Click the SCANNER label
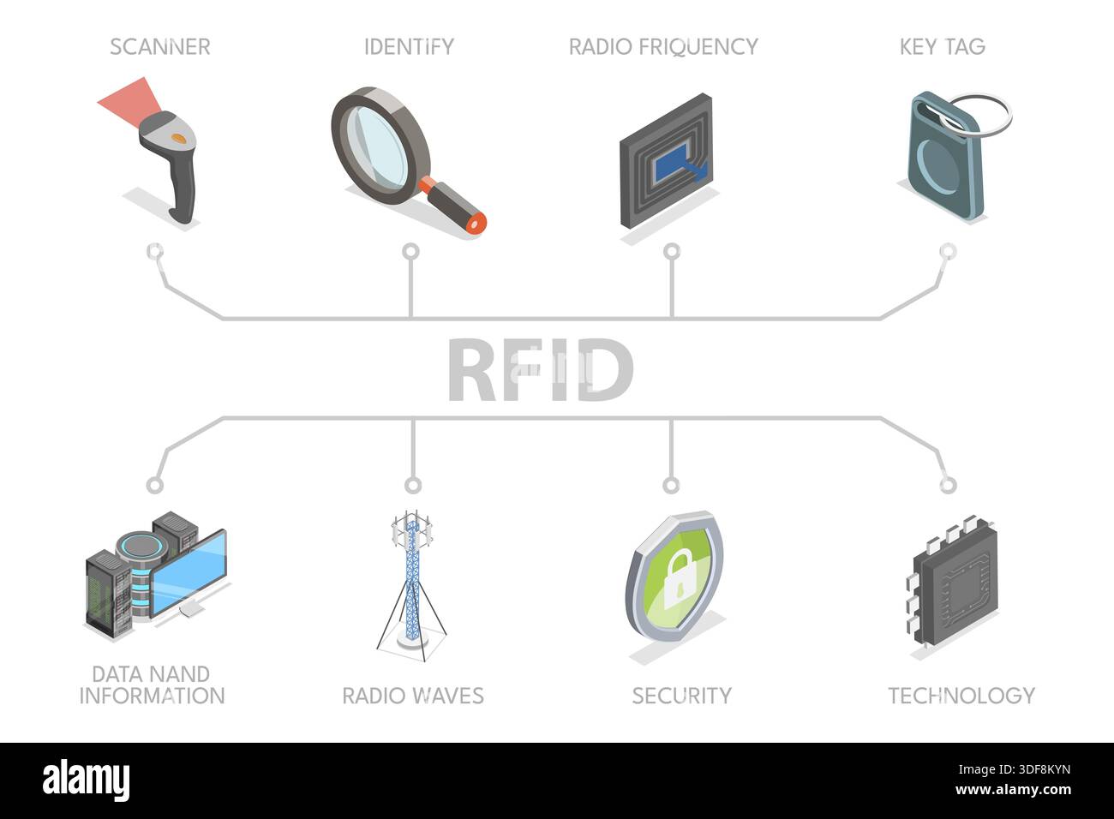tap(160, 47)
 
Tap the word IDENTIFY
tap(410, 47)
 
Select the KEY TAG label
tap(943, 47)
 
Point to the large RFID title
tap(541, 369)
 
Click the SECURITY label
tap(682, 696)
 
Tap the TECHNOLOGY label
tap(961, 696)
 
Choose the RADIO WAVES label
tap(413, 696)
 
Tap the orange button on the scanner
tap(179, 138)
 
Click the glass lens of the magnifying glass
tap(377, 147)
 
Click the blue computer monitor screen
tap(189, 573)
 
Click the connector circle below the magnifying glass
tap(410, 252)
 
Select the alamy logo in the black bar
tap(86, 780)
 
